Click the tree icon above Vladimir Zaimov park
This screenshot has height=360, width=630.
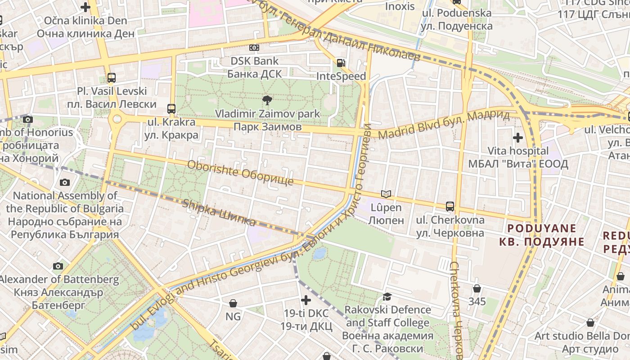pyautogui.click(x=267, y=100)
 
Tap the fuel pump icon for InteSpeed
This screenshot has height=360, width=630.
pyautogui.click(x=341, y=63)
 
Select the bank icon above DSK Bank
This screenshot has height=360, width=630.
pyautogui.click(x=254, y=48)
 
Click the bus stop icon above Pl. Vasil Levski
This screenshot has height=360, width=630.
pyautogui.click(x=112, y=77)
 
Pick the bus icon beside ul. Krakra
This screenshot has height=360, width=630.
pyautogui.click(x=171, y=108)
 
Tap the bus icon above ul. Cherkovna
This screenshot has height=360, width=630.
pyautogui.click(x=450, y=207)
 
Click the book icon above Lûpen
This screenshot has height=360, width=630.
pyautogui.click(x=386, y=194)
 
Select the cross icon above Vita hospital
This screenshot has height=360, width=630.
pyautogui.click(x=518, y=137)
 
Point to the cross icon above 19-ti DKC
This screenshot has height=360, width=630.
pyautogui.click(x=306, y=300)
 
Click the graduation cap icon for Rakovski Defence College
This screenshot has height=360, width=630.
pyautogui.click(x=387, y=297)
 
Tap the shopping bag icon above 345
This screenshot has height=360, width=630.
pyautogui.click(x=477, y=288)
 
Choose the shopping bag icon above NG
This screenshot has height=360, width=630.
pyautogui.click(x=233, y=303)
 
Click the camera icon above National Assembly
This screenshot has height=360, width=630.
pyautogui.click(x=65, y=182)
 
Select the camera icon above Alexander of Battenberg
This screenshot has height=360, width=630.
pyautogui.click(x=58, y=266)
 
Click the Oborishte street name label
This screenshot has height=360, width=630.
pyautogui.click(x=240, y=173)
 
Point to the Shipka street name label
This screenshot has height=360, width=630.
pyautogui.click(x=219, y=212)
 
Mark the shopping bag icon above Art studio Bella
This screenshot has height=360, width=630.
pyautogui.click(x=590, y=323)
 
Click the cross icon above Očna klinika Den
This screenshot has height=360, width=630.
pyautogui.click(x=85, y=7)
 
